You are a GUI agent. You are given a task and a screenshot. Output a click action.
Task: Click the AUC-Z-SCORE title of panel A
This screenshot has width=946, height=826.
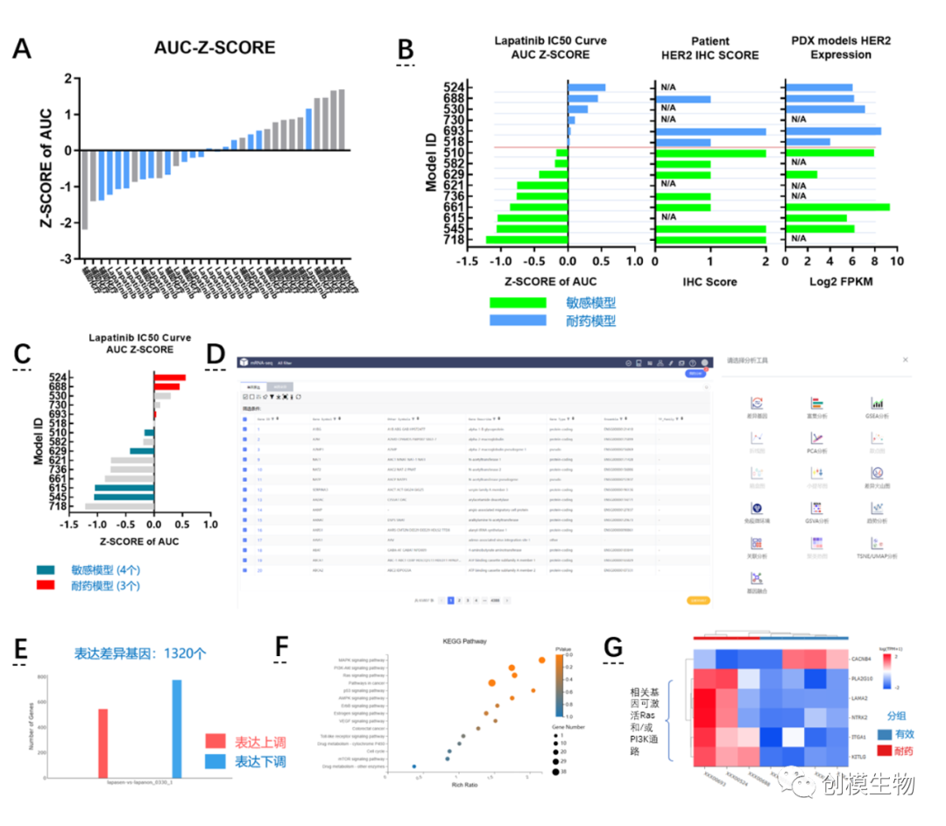pyautogui.click(x=215, y=47)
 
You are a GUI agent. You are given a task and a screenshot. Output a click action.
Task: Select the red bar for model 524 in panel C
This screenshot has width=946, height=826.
pyautogui.click(x=170, y=378)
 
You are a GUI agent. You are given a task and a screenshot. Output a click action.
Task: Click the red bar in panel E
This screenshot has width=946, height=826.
pyautogui.click(x=102, y=742)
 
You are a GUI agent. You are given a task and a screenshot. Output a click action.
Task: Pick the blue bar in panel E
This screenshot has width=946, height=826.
pyautogui.click(x=176, y=728)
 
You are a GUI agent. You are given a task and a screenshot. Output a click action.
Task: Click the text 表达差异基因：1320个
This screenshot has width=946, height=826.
pyautogui.click(x=139, y=652)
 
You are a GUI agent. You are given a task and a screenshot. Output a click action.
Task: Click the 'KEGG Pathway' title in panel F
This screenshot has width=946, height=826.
pyautogui.click(x=452, y=641)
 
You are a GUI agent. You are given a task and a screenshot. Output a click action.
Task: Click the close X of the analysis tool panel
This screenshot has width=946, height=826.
pyautogui.click(x=906, y=359)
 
